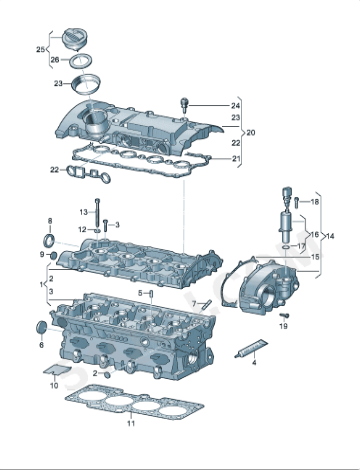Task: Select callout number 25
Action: [41, 49]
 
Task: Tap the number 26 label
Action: [55, 59]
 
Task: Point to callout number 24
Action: [236, 105]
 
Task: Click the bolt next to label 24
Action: [184, 104]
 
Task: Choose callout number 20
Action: [251, 132]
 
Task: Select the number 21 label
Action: [236, 158]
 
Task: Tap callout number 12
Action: [85, 229]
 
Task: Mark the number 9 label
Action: [41, 255]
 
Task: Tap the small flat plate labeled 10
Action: [57, 374]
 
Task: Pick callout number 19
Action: [284, 327]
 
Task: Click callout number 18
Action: [315, 202]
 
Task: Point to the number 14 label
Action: [330, 236]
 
